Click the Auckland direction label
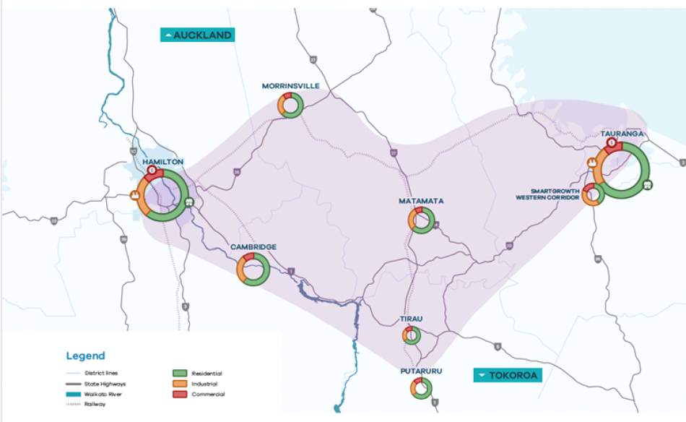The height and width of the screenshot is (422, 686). point(198,35)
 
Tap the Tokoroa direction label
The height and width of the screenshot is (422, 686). point(508,375)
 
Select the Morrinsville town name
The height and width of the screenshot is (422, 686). point(290,86)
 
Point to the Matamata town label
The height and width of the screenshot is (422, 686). point(421,200)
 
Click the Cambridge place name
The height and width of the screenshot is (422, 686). point(253,247)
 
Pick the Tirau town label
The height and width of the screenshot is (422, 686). point(412,319)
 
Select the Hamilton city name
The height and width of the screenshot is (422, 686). point(162,161)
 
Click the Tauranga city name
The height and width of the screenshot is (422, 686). point(622,134)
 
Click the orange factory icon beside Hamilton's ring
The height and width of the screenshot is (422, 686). point(134,195)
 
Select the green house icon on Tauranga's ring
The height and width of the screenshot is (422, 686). point(648,184)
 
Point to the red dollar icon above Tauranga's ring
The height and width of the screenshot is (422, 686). point(611,143)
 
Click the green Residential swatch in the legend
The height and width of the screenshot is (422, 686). point(180,373)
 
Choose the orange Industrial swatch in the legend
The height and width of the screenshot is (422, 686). point(180,384)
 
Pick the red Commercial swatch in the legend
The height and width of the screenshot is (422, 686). point(180,395)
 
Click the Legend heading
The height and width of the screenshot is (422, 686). point(85,356)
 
